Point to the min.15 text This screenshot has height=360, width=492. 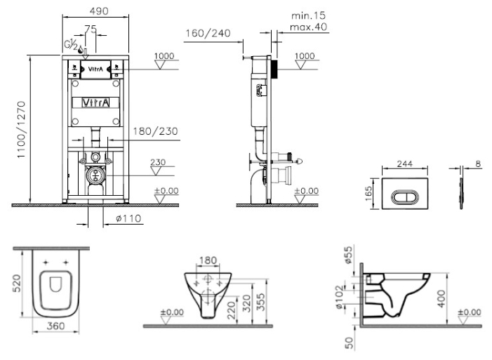click(308, 15)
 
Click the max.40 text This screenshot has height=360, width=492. click(308, 27)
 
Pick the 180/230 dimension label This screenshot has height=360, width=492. click(155, 131)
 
